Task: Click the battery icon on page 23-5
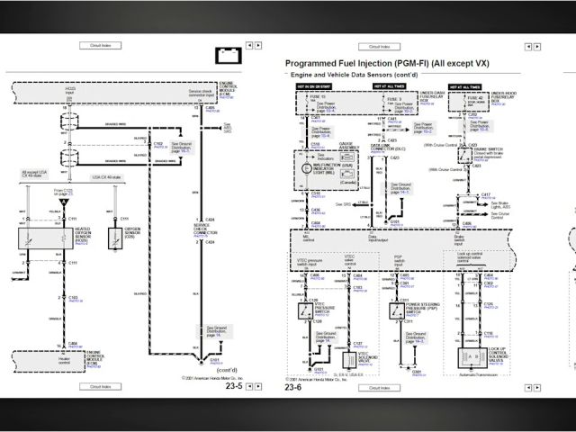click(229, 56)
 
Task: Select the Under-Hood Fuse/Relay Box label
click(509, 97)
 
